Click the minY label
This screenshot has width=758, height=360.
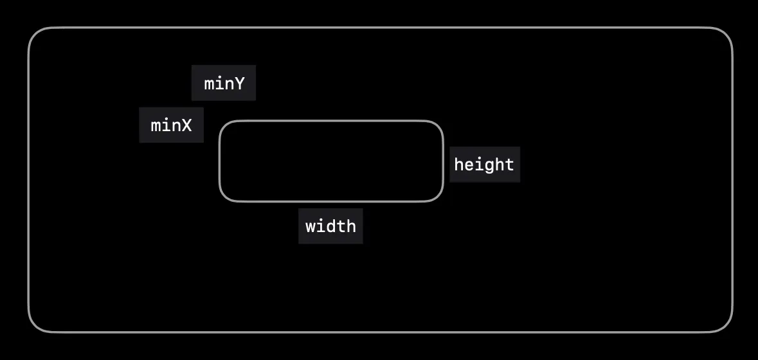pyautogui.click(x=224, y=83)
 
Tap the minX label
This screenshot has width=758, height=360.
pyautogui.click(x=171, y=125)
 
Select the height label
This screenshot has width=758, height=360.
pyautogui.click(x=484, y=165)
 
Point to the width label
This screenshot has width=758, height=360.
pyautogui.click(x=330, y=226)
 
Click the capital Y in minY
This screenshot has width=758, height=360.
pyautogui.click(x=239, y=84)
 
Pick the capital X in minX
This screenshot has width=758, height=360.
pyautogui.click(x=186, y=125)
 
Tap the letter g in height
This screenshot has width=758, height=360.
pyautogui.click(x=484, y=166)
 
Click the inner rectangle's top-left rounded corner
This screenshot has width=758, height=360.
pyautogui.click(x=224, y=125)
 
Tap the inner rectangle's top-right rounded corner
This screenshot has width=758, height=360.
pyautogui.click(x=438, y=125)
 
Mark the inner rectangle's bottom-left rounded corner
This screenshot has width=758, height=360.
pyautogui.click(x=224, y=197)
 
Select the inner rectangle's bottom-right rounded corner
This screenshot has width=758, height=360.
pyautogui.click(x=438, y=197)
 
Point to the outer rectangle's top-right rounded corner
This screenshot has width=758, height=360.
pyautogui.click(x=726, y=34)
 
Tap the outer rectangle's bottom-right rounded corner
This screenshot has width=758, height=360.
pyautogui.click(x=726, y=326)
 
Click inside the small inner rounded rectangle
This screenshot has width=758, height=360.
pyautogui.click(x=331, y=161)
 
